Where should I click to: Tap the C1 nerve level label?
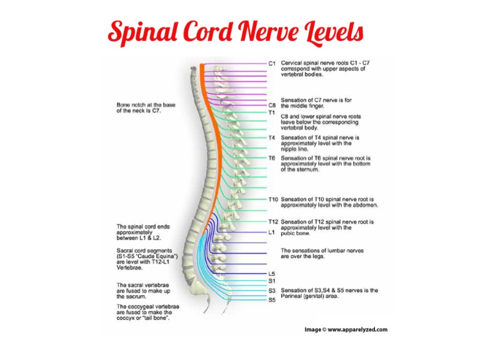click(x=272, y=64)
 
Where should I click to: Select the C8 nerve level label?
click(x=272, y=105)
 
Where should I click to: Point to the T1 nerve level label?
click(x=272, y=112)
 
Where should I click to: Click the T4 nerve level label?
click(x=272, y=137)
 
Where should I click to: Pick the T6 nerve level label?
click(x=272, y=158)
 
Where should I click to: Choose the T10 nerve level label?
click(x=273, y=199)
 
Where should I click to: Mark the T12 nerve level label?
click(x=273, y=221)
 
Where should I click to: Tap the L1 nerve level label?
click(x=271, y=232)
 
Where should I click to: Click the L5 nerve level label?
click(x=272, y=273)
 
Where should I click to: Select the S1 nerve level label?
click(x=272, y=281)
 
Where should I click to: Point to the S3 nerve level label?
click(x=272, y=291)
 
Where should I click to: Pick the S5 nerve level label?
click(x=272, y=300)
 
